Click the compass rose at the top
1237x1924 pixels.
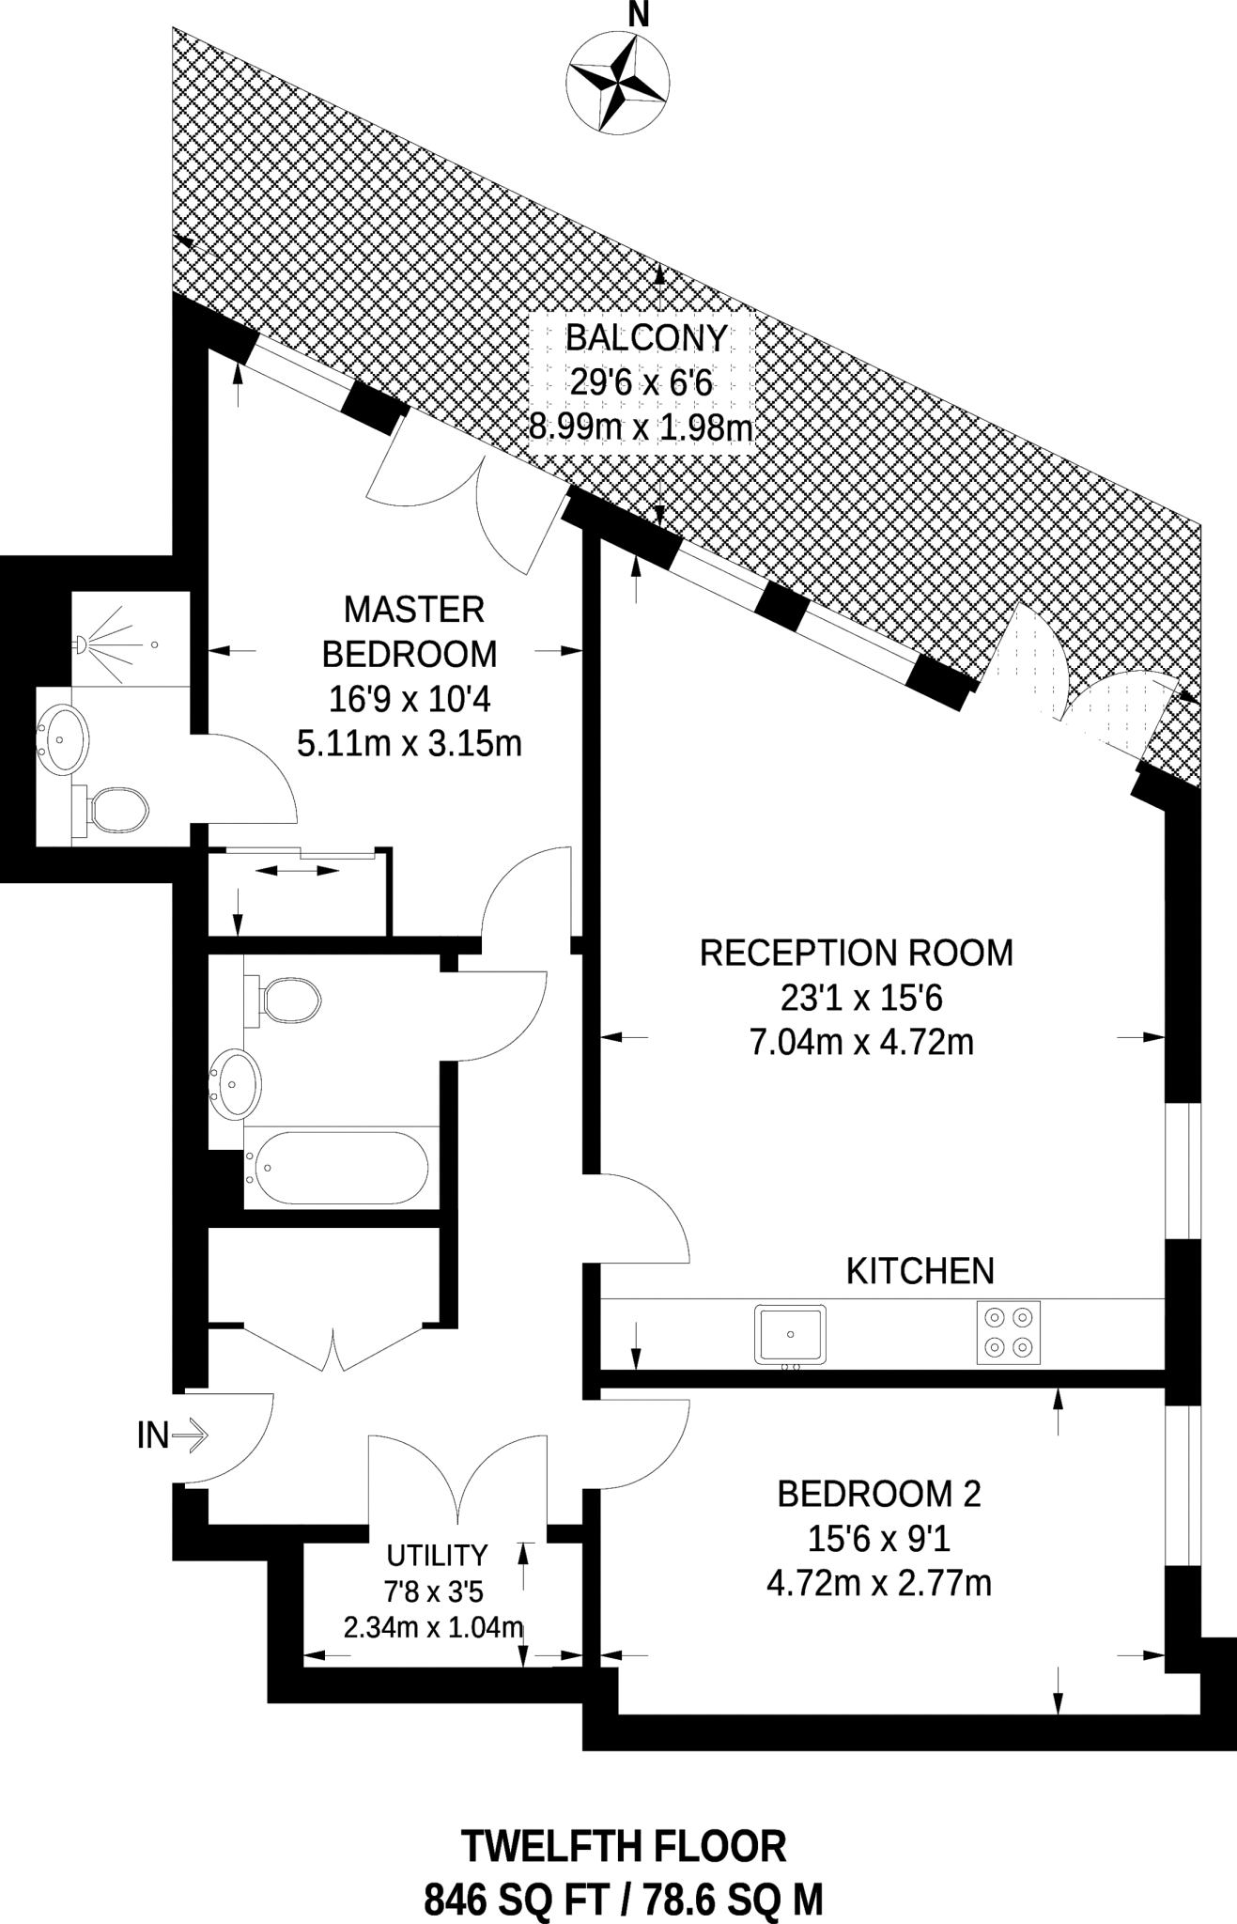(x=618, y=82)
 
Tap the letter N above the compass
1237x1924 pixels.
(x=639, y=14)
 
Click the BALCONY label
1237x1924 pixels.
(x=647, y=337)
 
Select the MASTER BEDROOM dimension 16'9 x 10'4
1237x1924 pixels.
(x=410, y=699)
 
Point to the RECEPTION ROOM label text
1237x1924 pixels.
(x=857, y=953)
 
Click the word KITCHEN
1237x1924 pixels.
(x=920, y=1271)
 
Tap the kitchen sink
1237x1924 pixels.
(x=790, y=1334)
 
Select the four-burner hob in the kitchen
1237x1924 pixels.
(x=1008, y=1333)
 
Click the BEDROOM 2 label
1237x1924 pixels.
(x=879, y=1493)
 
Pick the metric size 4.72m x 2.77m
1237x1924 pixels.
(x=879, y=1583)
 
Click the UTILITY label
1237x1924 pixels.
(x=438, y=1556)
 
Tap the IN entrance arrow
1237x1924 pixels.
(x=191, y=1435)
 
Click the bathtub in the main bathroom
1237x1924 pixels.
(x=336, y=1168)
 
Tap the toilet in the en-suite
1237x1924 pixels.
(x=111, y=809)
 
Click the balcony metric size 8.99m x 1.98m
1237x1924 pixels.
(x=642, y=427)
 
